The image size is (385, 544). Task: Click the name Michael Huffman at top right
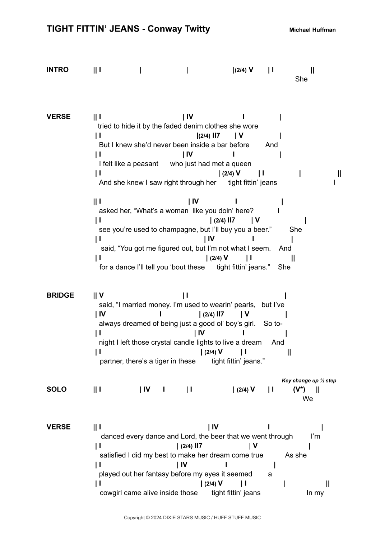pos(312,30)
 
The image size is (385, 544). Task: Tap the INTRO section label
pos(57,70)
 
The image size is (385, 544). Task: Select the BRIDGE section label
pos(60,295)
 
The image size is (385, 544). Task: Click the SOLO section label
pos(56,389)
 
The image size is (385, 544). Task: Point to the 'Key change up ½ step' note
pos(309,381)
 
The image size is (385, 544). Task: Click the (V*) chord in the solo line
pos(299,389)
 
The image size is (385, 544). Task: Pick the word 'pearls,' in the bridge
pos(245,305)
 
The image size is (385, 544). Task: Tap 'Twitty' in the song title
pos(197,29)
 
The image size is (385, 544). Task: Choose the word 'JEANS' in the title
pos(124,29)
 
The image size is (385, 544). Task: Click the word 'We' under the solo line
pos(308,399)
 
